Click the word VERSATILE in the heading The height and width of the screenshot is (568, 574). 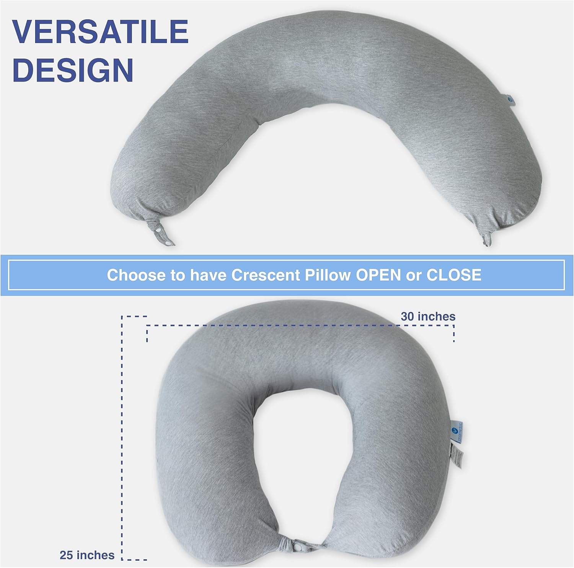click(100, 31)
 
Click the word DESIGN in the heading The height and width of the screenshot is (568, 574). click(73, 70)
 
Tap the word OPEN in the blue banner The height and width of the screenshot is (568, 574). click(378, 275)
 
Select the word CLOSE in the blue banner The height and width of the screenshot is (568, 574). click(454, 275)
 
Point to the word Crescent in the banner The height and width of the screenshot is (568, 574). click(266, 275)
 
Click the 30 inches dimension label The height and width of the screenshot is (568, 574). click(428, 316)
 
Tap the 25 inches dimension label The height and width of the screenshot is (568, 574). click(87, 555)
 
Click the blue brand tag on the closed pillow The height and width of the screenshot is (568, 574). click(458, 431)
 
